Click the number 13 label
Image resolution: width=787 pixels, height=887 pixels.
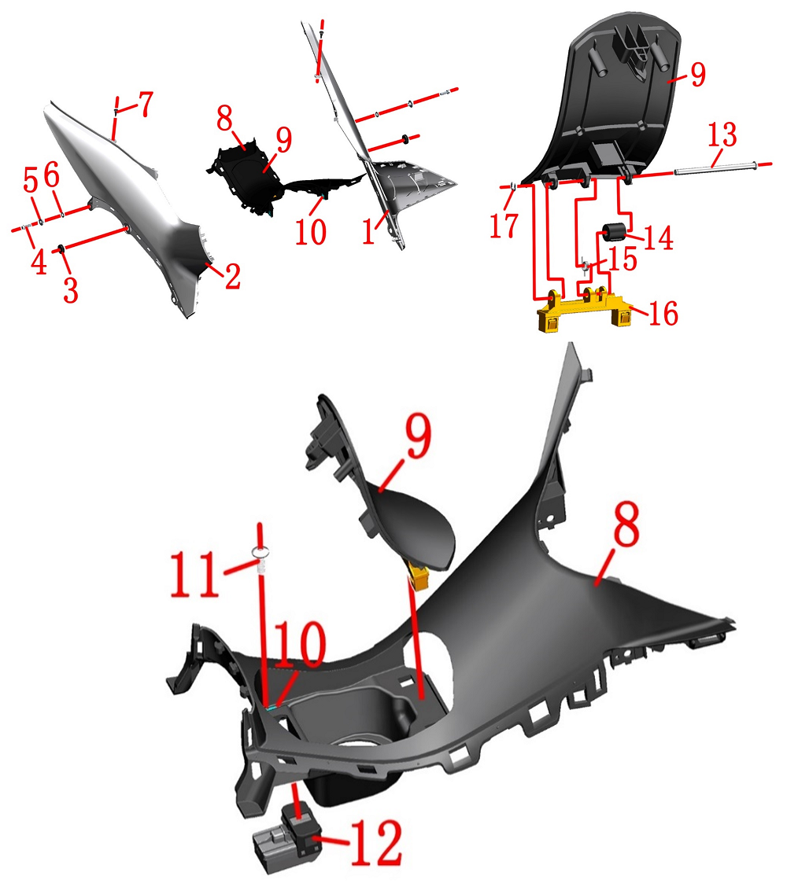(722, 134)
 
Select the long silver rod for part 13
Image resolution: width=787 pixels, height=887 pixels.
(715, 168)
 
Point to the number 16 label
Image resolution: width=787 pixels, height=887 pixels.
(663, 314)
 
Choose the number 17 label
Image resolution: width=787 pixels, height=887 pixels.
(504, 225)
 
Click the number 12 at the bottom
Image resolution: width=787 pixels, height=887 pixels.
(376, 842)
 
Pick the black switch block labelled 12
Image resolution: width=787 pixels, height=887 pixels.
(287, 832)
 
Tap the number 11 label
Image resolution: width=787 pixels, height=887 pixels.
(194, 573)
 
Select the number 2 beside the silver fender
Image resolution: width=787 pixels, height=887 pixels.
(233, 277)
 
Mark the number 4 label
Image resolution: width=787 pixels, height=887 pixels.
(39, 262)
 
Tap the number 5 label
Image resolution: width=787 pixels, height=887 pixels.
(31, 180)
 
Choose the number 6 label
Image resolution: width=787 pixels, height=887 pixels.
(51, 175)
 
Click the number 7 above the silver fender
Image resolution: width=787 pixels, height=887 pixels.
(146, 104)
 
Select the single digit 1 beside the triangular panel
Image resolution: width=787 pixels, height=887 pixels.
(368, 232)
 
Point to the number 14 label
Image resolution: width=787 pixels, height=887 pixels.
(659, 237)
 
